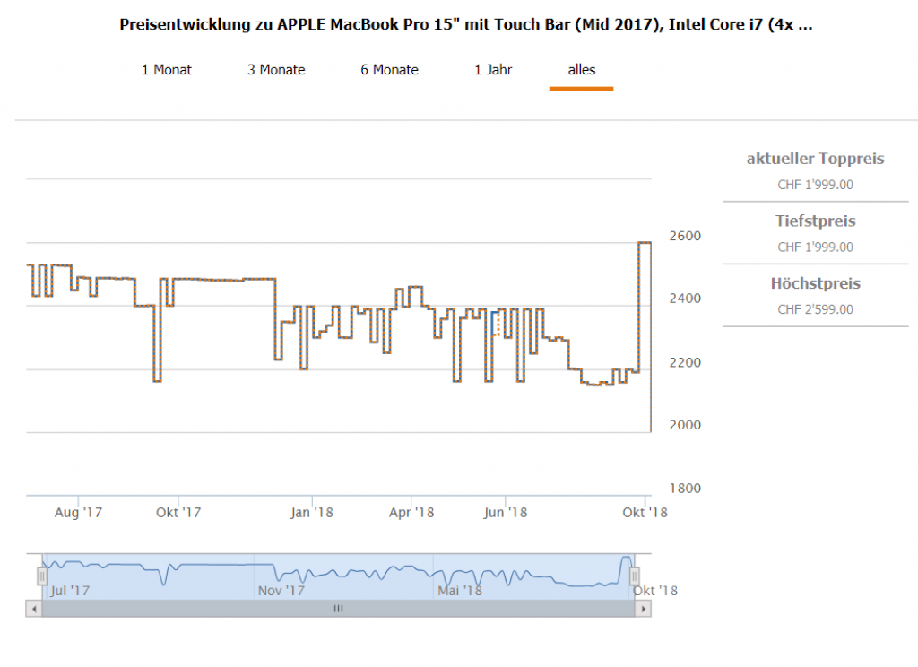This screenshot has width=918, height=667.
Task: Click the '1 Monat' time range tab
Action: pyautogui.click(x=167, y=69)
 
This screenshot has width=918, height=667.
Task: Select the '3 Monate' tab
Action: pyautogui.click(x=276, y=69)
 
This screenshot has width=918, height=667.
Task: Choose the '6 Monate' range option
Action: pyautogui.click(x=389, y=69)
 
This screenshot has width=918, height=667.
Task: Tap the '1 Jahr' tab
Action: pyautogui.click(x=493, y=69)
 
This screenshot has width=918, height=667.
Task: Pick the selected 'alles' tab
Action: pyautogui.click(x=581, y=69)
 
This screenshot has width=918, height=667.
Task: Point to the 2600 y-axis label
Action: pyautogui.click(x=685, y=236)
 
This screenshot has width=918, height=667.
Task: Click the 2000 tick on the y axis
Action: pyautogui.click(x=685, y=425)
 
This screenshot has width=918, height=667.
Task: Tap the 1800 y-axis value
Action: pyautogui.click(x=685, y=489)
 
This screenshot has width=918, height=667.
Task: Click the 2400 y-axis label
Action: pyautogui.click(x=685, y=299)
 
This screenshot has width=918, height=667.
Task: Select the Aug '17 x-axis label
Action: pyautogui.click(x=79, y=513)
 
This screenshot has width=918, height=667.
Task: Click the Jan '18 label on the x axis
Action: pyautogui.click(x=312, y=513)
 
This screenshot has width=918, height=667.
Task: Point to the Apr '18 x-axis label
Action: pyautogui.click(x=411, y=513)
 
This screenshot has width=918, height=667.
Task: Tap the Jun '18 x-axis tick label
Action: pyautogui.click(x=505, y=513)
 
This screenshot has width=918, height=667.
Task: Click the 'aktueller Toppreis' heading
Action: pyautogui.click(x=815, y=159)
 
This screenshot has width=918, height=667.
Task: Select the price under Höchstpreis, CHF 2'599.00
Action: pyautogui.click(x=815, y=309)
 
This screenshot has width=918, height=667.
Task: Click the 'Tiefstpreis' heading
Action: pyautogui.click(x=815, y=221)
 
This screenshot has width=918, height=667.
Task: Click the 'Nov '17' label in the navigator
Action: pyautogui.click(x=281, y=591)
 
